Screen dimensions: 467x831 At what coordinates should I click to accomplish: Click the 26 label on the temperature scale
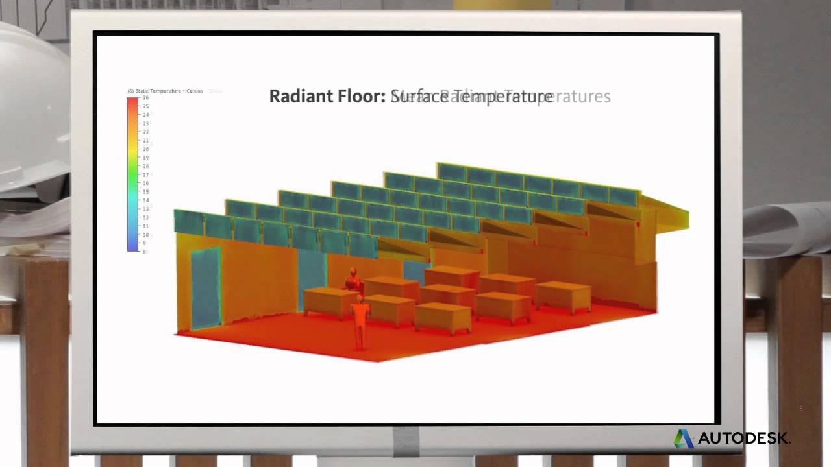tap(145, 98)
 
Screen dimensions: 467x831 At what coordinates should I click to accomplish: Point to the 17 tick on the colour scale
tap(145, 174)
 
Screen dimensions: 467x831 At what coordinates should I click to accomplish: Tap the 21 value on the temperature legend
tap(145, 140)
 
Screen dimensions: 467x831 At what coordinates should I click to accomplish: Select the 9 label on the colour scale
tap(144, 243)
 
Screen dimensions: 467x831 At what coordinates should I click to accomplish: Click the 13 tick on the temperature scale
tap(145, 209)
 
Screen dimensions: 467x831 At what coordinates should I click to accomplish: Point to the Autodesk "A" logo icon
tap(683, 438)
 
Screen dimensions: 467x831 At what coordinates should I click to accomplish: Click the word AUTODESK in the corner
tap(744, 438)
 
